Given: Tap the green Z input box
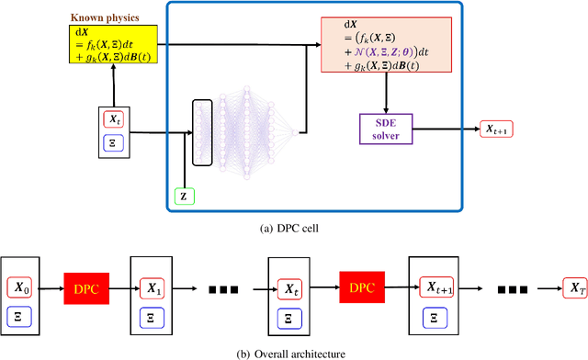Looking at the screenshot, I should [183, 195].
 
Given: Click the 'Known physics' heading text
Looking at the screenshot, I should [102, 16].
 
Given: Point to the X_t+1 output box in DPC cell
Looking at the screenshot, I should [499, 129].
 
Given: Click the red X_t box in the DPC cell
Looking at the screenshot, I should [113, 118].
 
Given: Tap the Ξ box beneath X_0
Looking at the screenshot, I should [24, 315].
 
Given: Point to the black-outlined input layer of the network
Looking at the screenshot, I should [203, 132].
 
